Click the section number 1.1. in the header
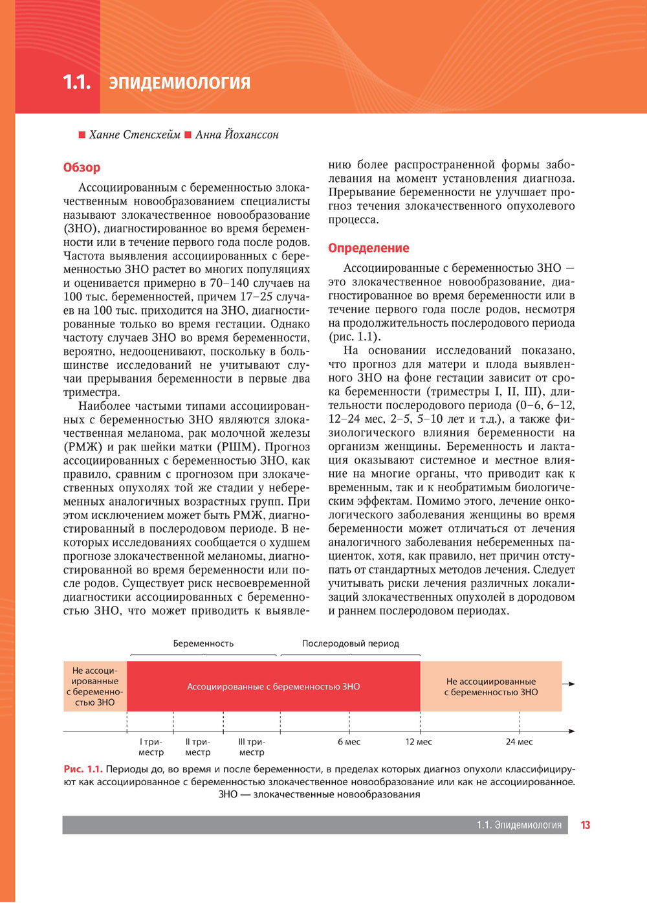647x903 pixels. (76, 83)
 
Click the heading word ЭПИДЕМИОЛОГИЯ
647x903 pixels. (179, 84)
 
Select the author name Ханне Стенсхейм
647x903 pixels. (135, 135)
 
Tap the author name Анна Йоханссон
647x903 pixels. (237, 135)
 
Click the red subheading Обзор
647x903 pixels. (82, 168)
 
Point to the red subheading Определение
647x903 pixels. (368, 248)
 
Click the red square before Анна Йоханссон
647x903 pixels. (188, 135)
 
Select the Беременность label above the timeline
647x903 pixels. (203, 643)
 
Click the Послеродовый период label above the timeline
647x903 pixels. (351, 643)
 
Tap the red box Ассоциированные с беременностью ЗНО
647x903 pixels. (273, 686)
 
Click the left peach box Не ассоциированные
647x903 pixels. (95, 686)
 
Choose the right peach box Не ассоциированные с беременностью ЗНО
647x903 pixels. (490, 686)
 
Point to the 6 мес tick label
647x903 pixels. (349, 742)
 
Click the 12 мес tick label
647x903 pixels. (419, 742)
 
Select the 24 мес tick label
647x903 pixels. (520, 742)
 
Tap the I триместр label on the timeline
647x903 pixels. (151, 747)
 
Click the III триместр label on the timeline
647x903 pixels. (252, 747)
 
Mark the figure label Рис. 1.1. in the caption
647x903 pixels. (83, 769)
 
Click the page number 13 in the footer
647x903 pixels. (586, 825)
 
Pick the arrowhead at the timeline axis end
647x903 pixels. (571, 731)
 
